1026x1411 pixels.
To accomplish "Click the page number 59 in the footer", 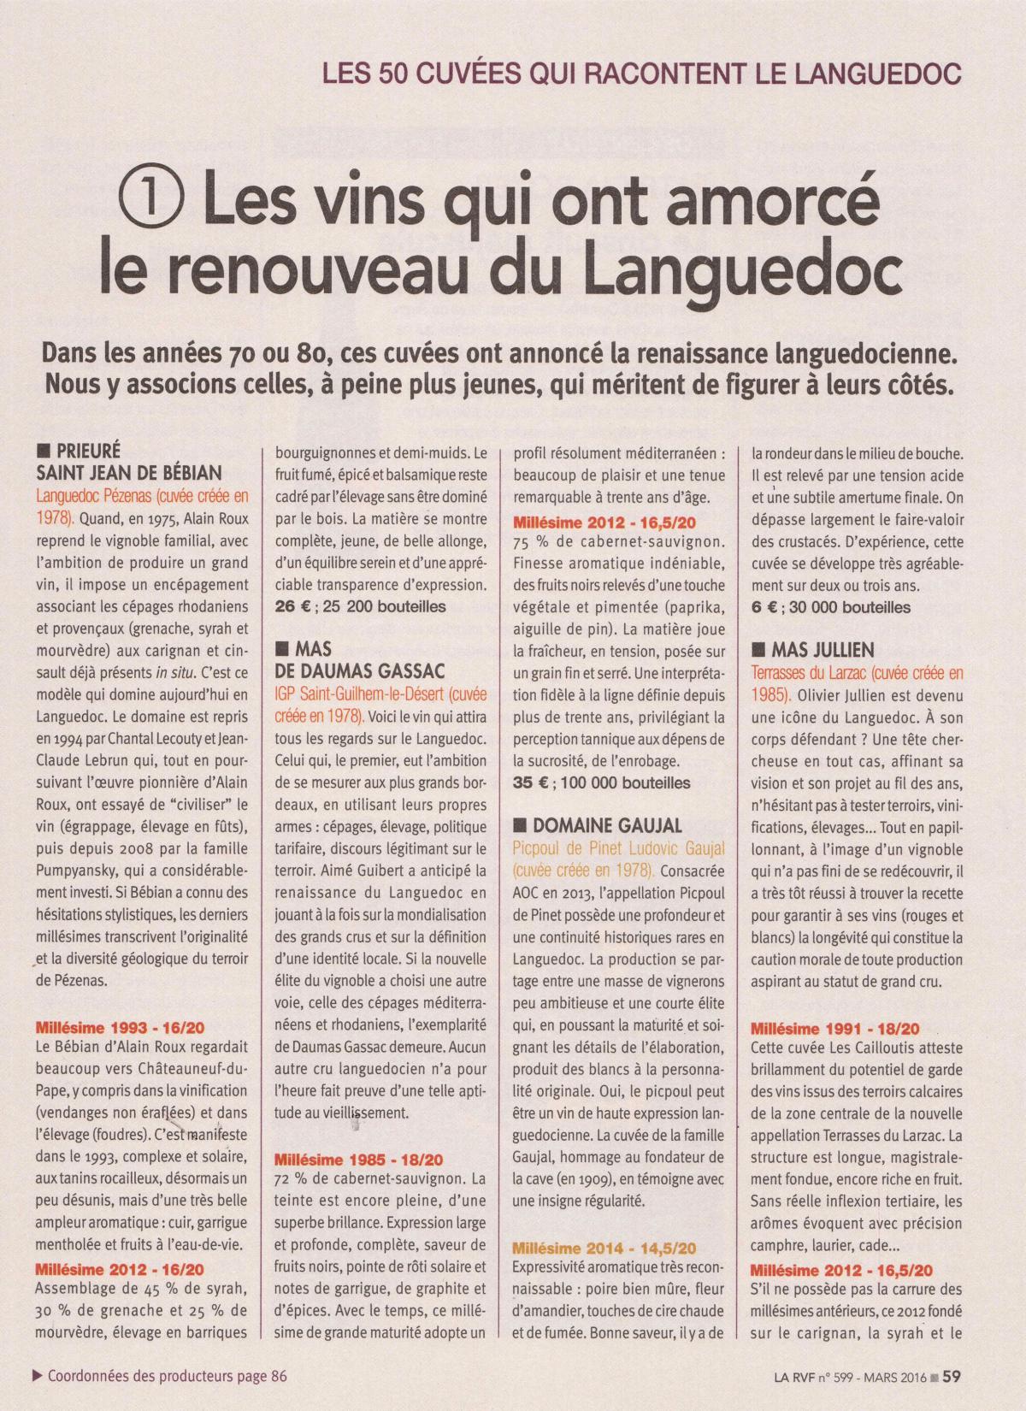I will click(x=953, y=1376).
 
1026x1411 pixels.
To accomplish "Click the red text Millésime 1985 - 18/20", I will click(x=358, y=1160).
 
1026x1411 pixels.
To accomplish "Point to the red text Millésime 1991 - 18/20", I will click(x=834, y=1028).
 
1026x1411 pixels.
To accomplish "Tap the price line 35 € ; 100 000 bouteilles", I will click(x=601, y=782).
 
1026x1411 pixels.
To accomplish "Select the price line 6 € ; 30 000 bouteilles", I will click(x=830, y=607).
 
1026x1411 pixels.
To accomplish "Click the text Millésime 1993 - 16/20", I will click(x=120, y=1028).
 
